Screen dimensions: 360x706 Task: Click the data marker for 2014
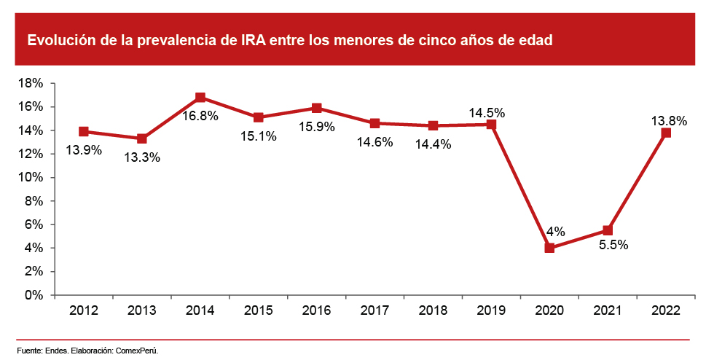(x=200, y=98)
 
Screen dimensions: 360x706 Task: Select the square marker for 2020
(x=549, y=248)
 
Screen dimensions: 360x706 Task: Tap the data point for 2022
(x=666, y=133)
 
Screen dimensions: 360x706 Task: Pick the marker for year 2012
(x=84, y=132)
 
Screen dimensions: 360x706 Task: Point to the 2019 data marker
(x=491, y=125)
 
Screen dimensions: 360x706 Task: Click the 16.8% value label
(x=200, y=116)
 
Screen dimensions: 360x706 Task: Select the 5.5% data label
(x=613, y=245)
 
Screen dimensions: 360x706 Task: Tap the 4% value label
(x=555, y=232)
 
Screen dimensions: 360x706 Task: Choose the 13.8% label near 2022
(x=669, y=122)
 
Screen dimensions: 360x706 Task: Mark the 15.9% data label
(x=317, y=127)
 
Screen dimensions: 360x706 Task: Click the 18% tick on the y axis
(x=30, y=84)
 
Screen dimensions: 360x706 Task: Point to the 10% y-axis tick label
(x=30, y=178)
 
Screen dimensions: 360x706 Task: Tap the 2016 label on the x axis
(x=317, y=311)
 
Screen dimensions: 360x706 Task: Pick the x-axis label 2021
(x=608, y=311)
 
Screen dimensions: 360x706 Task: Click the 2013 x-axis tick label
(x=142, y=311)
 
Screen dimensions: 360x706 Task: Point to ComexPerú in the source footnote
(x=137, y=351)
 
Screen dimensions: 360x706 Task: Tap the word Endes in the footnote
(x=56, y=351)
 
